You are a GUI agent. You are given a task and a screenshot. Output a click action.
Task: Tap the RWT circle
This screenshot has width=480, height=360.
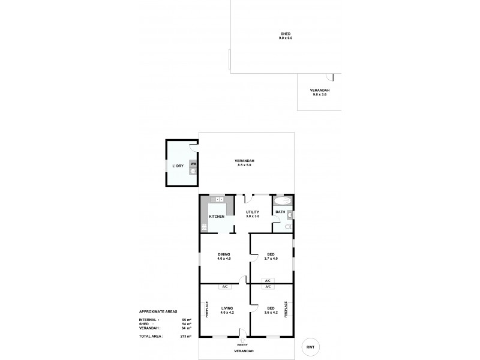(x=310, y=347)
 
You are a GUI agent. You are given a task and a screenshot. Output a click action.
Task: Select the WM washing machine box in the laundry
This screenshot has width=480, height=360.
(x=193, y=163)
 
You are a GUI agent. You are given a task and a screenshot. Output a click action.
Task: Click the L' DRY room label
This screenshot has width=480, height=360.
(x=178, y=165)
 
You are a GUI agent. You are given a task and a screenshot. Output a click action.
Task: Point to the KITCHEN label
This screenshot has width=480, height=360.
(x=217, y=216)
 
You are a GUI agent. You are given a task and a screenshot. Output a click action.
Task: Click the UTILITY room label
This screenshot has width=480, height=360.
(x=253, y=212)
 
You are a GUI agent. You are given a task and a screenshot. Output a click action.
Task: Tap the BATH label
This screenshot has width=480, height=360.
(x=280, y=212)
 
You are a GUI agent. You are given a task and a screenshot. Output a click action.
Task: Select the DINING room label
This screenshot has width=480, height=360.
(x=224, y=254)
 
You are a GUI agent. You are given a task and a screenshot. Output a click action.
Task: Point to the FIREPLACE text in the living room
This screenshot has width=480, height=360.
(x=207, y=309)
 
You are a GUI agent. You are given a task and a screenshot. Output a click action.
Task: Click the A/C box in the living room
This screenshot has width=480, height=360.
(x=225, y=287)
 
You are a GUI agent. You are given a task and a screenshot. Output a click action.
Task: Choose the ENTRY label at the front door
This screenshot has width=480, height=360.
(x=243, y=344)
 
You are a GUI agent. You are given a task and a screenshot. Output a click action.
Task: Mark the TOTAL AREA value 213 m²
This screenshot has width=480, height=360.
(x=186, y=337)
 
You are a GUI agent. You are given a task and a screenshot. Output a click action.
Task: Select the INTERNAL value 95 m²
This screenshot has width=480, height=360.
(x=186, y=320)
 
